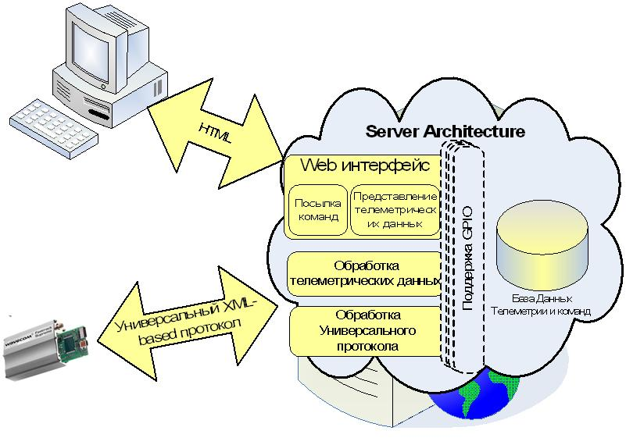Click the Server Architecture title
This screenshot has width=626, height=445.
445,131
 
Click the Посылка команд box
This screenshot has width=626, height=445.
317,210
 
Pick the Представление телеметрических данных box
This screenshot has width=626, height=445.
394,210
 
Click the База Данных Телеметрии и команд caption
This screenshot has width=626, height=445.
540,305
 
